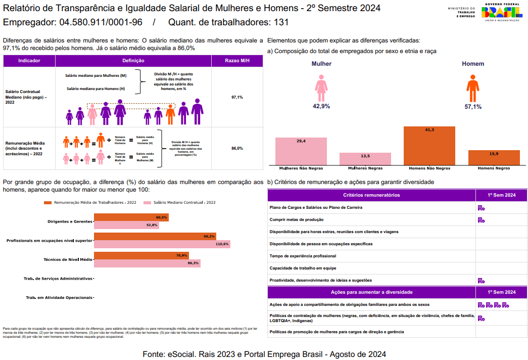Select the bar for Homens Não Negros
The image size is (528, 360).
pos(429,146)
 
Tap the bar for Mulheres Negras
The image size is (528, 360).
pos(365,159)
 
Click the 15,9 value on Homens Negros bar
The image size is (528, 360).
pos(494,154)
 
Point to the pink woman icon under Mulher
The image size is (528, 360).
pos(321,88)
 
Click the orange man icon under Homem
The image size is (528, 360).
pos(472,88)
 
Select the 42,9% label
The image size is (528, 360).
pos(321,106)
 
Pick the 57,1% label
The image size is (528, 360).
pos(473,107)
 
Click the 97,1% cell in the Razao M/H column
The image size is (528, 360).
pos(237,97)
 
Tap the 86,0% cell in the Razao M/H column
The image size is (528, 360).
pos(237,148)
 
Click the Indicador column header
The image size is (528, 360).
pos(29,61)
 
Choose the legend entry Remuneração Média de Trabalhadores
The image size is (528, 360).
pos(91,202)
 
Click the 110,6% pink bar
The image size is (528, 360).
pos(162,244)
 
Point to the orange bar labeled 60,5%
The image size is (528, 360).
pos(131,217)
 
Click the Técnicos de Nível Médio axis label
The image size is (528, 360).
pos(68,259)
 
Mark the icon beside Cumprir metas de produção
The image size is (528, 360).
pos(481,220)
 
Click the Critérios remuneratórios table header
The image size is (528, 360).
pos(371,195)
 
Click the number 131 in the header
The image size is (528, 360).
pos(281,23)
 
